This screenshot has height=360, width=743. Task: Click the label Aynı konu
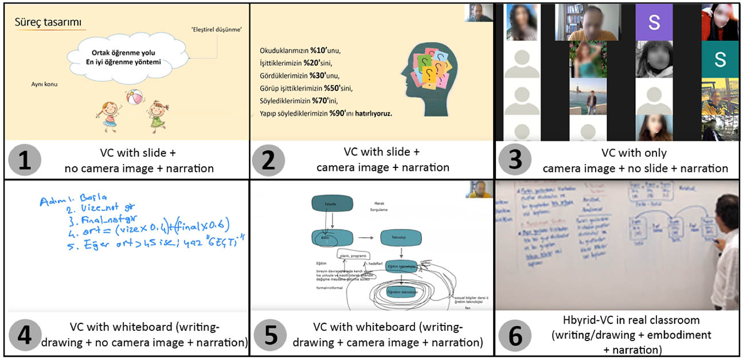pos(45,84)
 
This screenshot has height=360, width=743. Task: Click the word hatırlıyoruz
pos(372,114)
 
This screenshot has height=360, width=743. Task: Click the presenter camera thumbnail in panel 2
pos(479,12)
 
